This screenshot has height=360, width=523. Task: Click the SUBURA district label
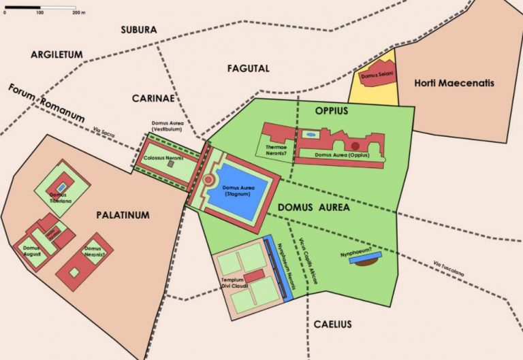[x=138, y=30]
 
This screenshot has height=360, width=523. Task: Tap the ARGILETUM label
[x=57, y=54]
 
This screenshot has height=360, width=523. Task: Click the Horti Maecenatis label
[x=454, y=84]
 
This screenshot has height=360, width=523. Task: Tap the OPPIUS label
[x=332, y=110]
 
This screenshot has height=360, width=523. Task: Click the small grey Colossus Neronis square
[x=171, y=163]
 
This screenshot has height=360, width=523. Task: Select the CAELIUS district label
[x=332, y=325]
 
